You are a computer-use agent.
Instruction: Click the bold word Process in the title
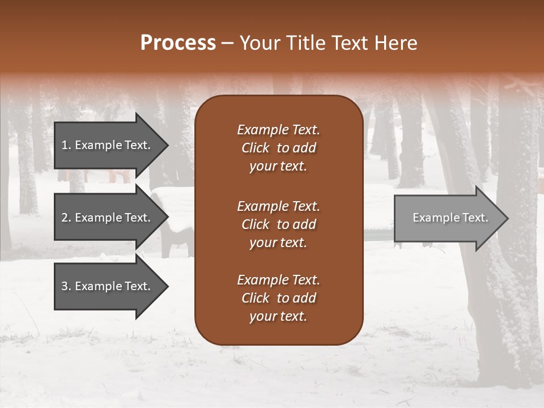178,43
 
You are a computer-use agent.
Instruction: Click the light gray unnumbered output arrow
448,218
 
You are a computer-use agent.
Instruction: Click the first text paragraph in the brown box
278,148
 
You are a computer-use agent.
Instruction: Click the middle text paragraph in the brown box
278,224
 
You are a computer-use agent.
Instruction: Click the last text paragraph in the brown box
278,298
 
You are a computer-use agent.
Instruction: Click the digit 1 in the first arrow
64,145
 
